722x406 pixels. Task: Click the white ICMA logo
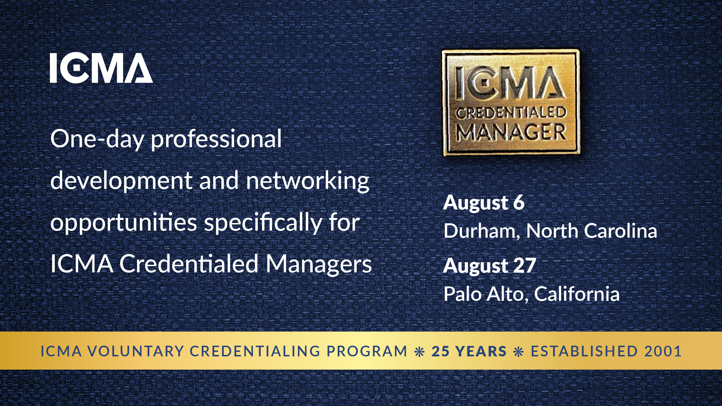click(101, 68)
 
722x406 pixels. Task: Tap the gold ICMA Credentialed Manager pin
click(510, 103)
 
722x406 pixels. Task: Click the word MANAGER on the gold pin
click(511, 132)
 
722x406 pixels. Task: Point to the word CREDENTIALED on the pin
click(511, 113)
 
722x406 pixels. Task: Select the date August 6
click(484, 203)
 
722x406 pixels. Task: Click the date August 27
click(489, 266)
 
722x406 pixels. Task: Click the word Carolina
click(620, 231)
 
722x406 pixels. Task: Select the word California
click(577, 294)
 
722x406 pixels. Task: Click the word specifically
click(263, 223)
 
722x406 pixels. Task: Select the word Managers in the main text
click(319, 264)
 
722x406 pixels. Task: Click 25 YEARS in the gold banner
click(469, 351)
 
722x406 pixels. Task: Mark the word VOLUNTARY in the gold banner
click(136, 351)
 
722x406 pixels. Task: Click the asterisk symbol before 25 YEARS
click(420, 352)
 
